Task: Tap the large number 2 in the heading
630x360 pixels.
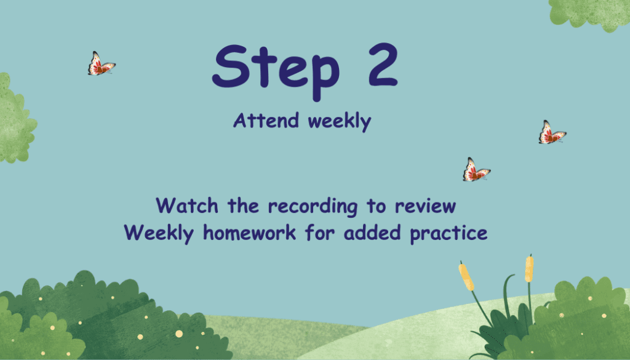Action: (383, 65)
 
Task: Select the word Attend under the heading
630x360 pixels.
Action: (266, 120)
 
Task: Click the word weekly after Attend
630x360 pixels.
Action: (340, 121)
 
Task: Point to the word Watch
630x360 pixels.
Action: (187, 206)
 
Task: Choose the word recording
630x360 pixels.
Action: (313, 207)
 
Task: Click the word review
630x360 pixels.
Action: (426, 206)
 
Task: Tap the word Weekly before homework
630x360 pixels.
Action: (159, 233)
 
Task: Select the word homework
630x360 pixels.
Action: (250, 233)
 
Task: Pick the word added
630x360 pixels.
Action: (372, 233)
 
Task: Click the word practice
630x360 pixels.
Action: (449, 234)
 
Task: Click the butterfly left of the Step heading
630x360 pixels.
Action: (102, 63)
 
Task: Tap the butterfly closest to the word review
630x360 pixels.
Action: (477, 170)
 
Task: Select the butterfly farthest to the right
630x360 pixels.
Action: (552, 132)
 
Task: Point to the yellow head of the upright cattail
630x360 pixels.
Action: (529, 269)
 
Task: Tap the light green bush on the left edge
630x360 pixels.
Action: (15, 119)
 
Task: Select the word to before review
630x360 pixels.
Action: (376, 206)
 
